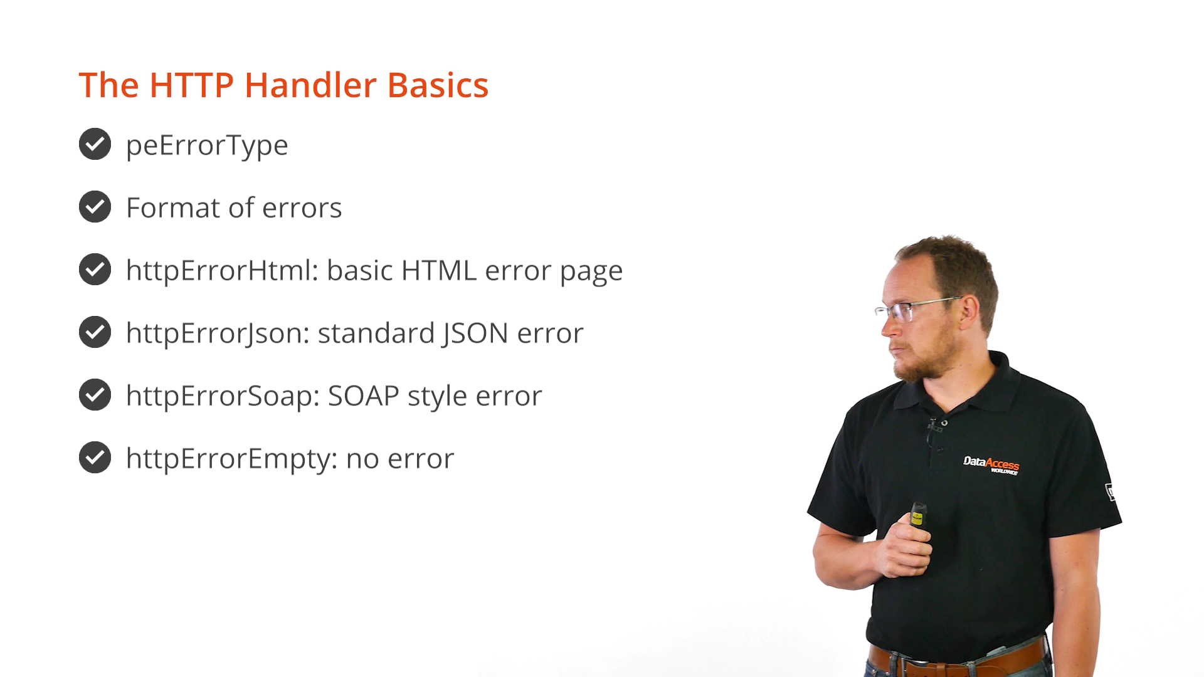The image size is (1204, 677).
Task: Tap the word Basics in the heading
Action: click(438, 85)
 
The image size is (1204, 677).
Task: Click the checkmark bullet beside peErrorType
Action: click(95, 144)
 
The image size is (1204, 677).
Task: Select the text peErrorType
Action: click(207, 145)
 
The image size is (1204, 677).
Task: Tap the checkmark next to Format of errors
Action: click(95, 207)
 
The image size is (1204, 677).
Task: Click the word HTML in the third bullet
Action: click(439, 270)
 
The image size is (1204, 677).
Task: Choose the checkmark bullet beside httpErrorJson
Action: click(95, 332)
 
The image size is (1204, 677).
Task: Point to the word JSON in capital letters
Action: click(475, 333)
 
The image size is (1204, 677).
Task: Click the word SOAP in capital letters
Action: click(364, 396)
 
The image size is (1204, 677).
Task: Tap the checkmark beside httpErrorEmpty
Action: click(95, 458)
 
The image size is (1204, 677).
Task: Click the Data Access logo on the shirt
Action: click(991, 465)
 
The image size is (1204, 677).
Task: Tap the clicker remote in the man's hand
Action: click(917, 515)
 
